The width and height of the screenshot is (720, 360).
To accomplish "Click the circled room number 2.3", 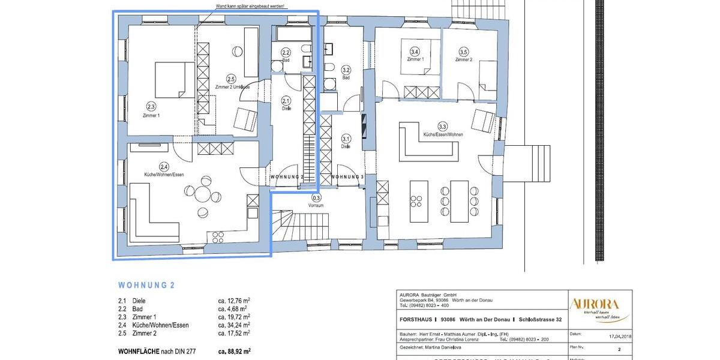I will (151, 106).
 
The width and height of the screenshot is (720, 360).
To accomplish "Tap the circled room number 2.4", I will (164, 166).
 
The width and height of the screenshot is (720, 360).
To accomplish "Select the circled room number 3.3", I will (443, 127).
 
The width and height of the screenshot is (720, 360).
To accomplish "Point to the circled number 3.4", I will (415, 52).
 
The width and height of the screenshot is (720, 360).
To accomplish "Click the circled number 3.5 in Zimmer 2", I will (463, 52).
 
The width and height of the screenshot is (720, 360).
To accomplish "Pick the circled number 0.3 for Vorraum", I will (316, 197).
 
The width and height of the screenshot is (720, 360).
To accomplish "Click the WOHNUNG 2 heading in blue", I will (146, 286).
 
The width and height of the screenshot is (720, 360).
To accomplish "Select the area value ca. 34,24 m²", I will (234, 325).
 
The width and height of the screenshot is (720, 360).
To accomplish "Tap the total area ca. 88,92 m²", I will (234, 350).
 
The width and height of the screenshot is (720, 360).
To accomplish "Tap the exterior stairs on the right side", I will (532, 164).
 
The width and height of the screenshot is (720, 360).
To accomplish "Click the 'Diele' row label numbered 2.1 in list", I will (139, 301).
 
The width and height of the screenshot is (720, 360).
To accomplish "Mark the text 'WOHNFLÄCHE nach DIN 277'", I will (157, 350).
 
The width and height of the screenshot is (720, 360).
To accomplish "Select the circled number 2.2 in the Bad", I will (286, 53).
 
